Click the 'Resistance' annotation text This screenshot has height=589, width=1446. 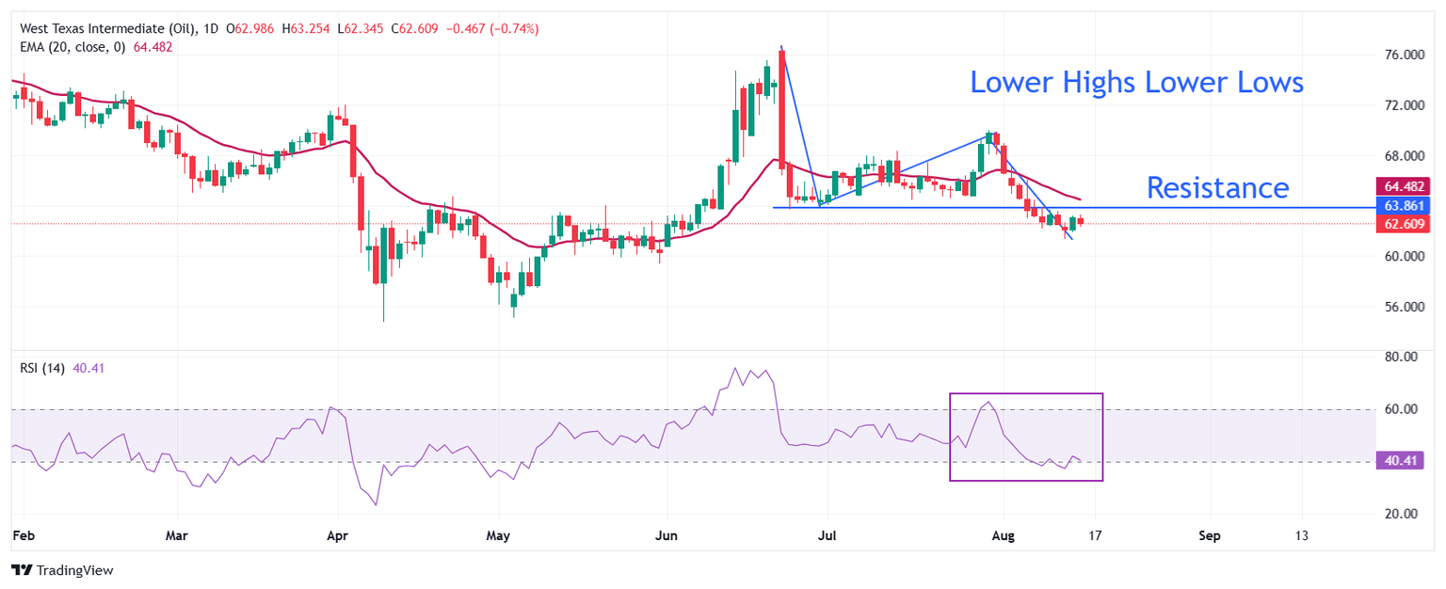point(1216,188)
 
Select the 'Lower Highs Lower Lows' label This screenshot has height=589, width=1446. point(1136,83)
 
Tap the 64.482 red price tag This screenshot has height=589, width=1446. point(1403,186)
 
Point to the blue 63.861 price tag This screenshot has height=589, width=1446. point(1403,205)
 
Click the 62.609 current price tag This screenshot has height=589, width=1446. point(1403,224)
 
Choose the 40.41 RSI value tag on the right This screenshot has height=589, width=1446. point(1403,461)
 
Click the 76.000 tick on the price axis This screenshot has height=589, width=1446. point(1397,56)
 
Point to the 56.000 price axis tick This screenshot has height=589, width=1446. point(1397,307)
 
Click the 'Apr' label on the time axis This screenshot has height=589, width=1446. point(336,536)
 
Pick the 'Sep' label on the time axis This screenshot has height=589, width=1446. point(1210,536)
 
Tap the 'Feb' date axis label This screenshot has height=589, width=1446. point(24,536)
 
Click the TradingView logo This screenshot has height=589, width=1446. point(61,570)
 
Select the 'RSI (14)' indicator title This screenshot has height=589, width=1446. point(42,368)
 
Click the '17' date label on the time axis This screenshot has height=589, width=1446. point(1096,536)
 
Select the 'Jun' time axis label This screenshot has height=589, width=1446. point(666,536)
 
